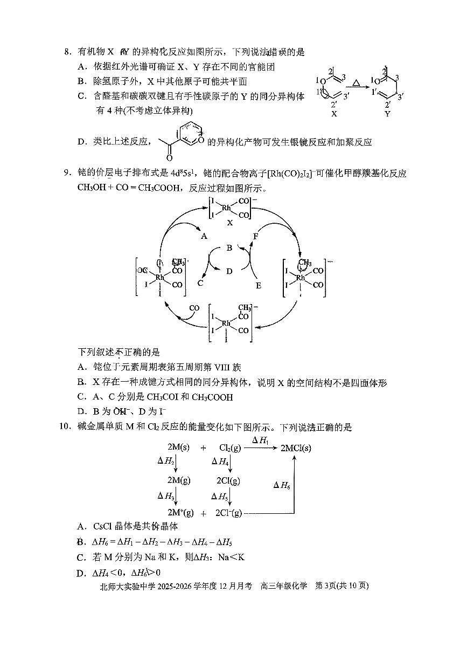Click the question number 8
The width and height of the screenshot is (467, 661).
[x=67, y=52]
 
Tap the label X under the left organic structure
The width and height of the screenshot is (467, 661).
[x=334, y=114]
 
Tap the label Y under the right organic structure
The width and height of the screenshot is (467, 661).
[x=387, y=114]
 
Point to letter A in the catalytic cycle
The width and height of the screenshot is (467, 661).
[x=204, y=236]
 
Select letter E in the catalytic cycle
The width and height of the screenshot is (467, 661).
[x=258, y=285]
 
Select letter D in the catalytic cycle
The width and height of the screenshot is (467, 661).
[x=229, y=271]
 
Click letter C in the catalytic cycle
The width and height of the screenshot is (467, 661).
[x=200, y=283]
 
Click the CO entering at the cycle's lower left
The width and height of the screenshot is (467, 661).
[x=194, y=308]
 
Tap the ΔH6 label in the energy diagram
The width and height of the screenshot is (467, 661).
[x=282, y=485]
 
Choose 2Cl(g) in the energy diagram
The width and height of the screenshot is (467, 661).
[x=228, y=480]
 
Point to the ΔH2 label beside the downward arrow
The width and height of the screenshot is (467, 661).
[x=165, y=461]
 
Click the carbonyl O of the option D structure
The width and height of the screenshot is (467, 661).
[x=170, y=158]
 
